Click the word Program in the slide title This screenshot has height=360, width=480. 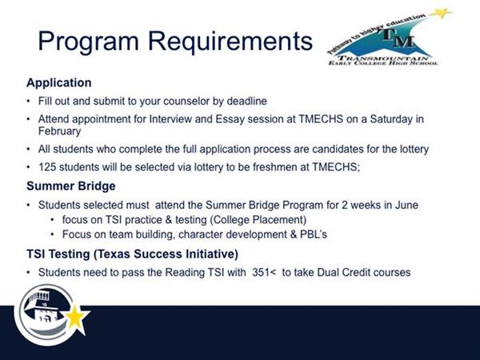[88, 42]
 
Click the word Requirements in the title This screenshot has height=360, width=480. [230, 41]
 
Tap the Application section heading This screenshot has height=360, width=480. [59, 83]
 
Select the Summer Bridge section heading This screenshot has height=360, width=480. [71, 186]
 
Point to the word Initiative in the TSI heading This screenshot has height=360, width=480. [210, 254]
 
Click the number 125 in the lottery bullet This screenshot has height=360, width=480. [47, 167]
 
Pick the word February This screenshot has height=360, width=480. [59, 131]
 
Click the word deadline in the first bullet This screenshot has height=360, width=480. [246, 101]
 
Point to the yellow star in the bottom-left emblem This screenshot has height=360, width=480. [77, 317]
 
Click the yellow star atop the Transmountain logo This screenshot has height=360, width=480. [440, 13]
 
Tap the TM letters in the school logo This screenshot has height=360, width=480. [398, 38]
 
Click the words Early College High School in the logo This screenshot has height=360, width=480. [383, 63]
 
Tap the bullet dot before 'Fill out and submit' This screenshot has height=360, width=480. [29, 101]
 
